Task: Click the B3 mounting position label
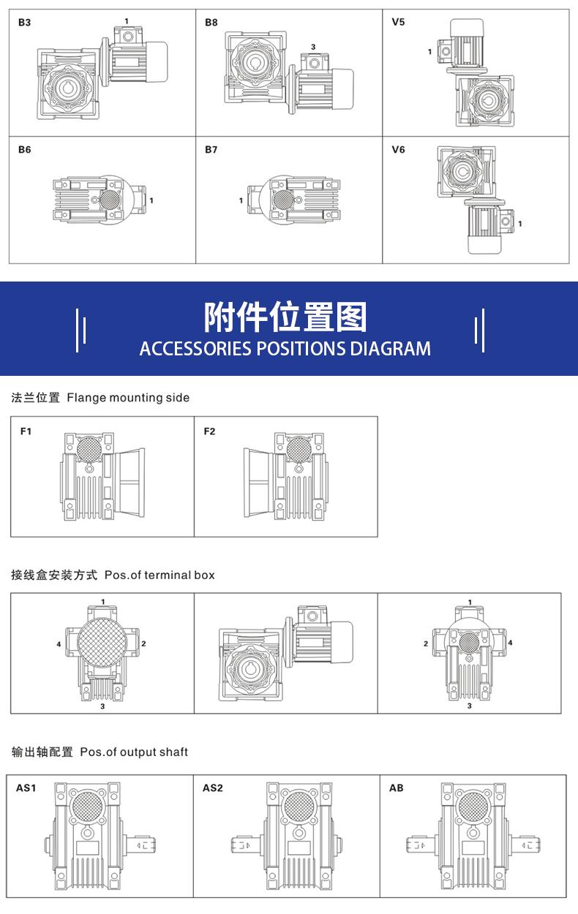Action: click(x=24, y=23)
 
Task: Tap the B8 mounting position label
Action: click(x=211, y=23)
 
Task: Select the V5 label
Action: click(x=398, y=22)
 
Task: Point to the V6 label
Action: click(x=398, y=150)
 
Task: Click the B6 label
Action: click(x=24, y=150)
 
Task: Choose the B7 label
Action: click(x=211, y=150)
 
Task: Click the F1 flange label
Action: click(x=26, y=431)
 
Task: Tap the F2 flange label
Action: click(x=209, y=431)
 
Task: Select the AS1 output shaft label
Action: click(x=26, y=788)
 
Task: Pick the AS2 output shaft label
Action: click(x=213, y=788)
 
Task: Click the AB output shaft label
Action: click(x=397, y=788)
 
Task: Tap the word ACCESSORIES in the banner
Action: click(x=195, y=349)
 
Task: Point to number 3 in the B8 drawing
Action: click(x=313, y=47)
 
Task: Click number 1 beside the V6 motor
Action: click(x=519, y=224)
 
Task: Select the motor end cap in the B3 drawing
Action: click(x=157, y=62)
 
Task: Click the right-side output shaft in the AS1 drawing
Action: click(x=140, y=845)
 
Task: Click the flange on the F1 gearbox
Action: click(x=129, y=483)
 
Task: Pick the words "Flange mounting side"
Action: click(x=128, y=398)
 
